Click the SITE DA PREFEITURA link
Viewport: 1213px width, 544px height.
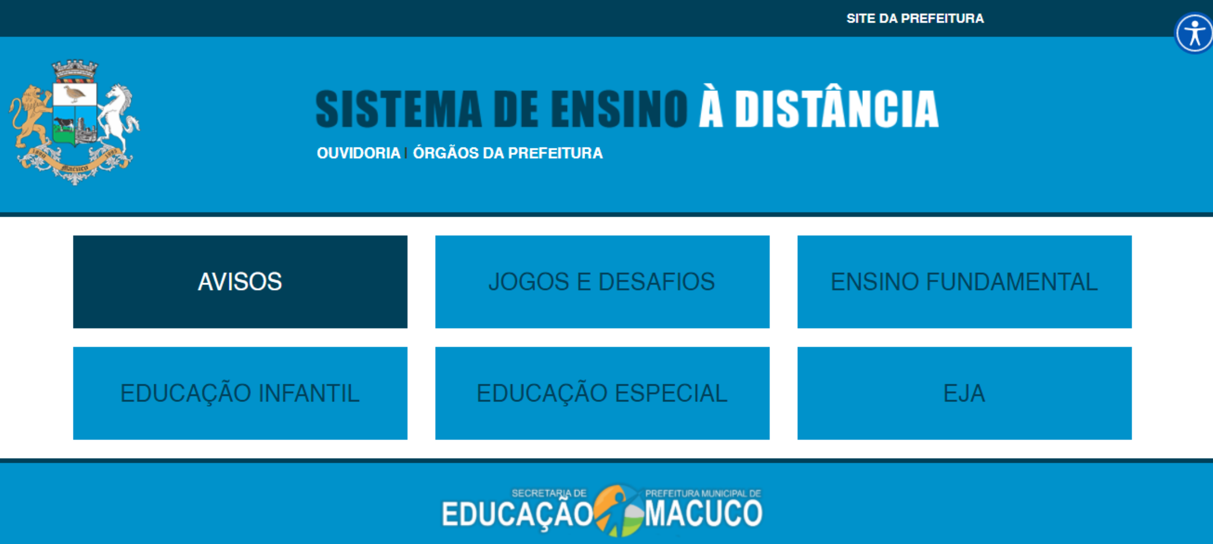point(915,18)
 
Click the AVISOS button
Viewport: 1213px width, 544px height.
point(240,282)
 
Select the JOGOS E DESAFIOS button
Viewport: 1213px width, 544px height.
point(602,282)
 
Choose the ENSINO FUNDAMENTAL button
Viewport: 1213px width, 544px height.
point(964,282)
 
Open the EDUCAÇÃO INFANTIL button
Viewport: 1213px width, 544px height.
point(240,393)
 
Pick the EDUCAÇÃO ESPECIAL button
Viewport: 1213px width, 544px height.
point(602,393)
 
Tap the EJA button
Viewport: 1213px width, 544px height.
point(964,393)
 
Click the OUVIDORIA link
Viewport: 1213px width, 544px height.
point(358,153)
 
